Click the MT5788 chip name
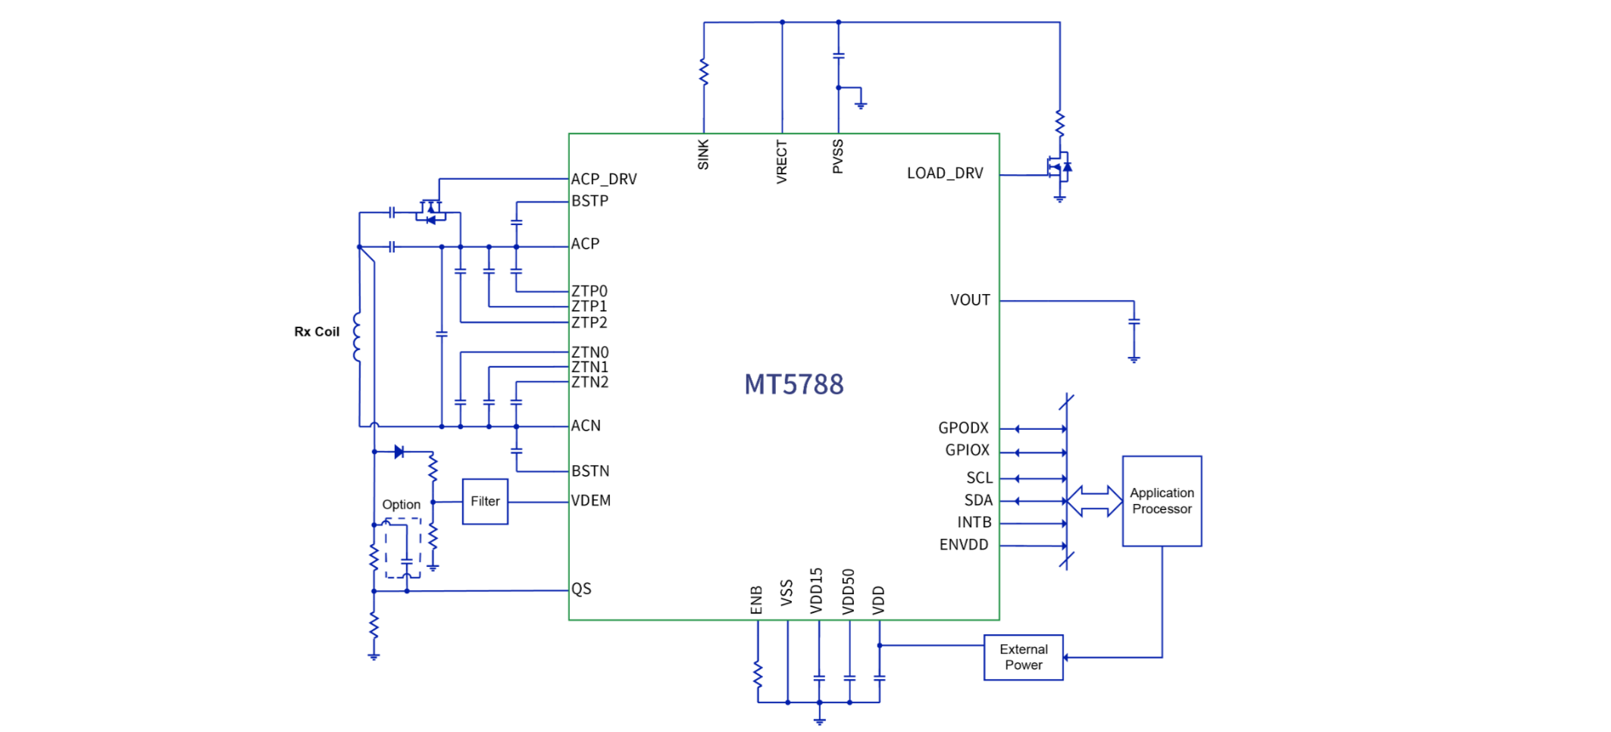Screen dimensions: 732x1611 [793, 385]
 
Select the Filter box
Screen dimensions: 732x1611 [485, 502]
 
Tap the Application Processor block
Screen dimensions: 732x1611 [1162, 501]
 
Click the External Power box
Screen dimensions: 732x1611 [1023, 658]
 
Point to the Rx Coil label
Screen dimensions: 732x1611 [317, 332]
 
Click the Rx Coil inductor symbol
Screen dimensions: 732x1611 [357, 337]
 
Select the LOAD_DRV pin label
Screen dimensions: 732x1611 [945, 174]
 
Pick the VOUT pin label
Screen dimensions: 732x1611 [970, 300]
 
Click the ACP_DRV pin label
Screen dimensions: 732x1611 [604, 180]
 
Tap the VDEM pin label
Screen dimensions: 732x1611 [591, 501]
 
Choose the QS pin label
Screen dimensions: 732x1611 [581, 590]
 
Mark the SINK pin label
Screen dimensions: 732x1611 [703, 155]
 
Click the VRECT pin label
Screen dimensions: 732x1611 [782, 161]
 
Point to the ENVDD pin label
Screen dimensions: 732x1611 [964, 545]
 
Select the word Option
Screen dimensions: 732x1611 [401, 505]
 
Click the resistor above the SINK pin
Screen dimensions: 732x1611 [704, 72]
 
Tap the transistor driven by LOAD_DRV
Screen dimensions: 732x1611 [1059, 167]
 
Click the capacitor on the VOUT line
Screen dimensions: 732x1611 [1134, 322]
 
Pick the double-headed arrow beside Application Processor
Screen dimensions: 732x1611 [1094, 501]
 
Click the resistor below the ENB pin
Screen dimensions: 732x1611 [758, 674]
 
